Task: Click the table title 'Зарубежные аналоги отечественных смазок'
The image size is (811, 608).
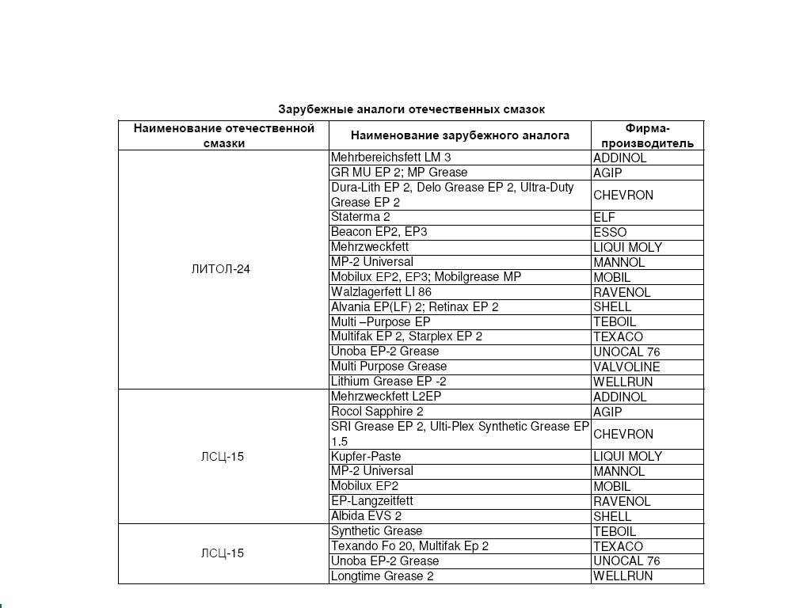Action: pos(411,109)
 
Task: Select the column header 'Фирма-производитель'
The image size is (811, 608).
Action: pos(647,135)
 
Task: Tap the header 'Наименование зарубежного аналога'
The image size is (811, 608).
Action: pos(459,135)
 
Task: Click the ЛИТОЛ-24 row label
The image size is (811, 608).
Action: pos(220,269)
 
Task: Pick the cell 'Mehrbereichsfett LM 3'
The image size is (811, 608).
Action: pos(390,158)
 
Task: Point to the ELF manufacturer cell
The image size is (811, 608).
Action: pos(604,217)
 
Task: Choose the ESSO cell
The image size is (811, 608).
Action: pos(610,232)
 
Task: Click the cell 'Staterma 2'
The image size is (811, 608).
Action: pos(360,217)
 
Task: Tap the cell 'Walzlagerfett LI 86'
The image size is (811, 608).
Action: pos(381,292)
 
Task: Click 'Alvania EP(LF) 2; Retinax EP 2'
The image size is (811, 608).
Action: pos(414,307)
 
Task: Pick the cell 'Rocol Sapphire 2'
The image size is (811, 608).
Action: pos(377,412)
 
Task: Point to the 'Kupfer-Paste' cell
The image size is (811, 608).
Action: pos(366,457)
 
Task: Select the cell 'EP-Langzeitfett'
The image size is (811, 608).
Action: pos(371,501)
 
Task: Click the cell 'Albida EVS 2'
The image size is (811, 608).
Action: pos(366,516)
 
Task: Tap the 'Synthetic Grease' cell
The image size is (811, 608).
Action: pos(376,531)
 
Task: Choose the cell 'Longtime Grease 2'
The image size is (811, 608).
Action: pos(382,576)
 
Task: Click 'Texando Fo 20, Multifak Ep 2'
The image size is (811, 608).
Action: pos(409,546)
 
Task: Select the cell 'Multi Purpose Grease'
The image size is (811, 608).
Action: pos(388,367)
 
